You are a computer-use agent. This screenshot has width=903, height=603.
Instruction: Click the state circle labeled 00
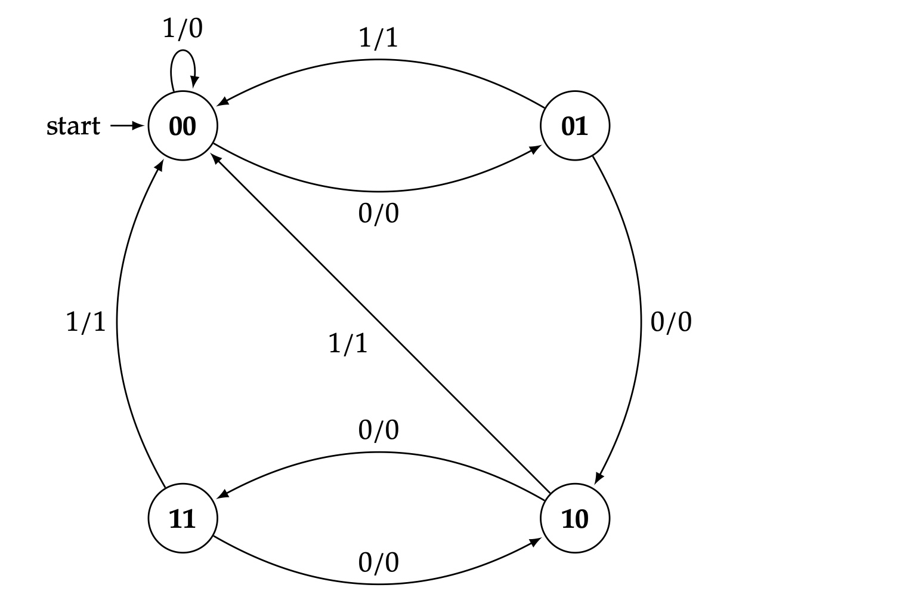(183, 126)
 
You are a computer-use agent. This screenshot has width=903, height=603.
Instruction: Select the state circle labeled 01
(575, 126)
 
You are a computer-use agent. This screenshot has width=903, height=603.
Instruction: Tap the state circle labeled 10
(575, 518)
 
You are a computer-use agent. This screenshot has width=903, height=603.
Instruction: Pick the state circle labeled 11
(183, 518)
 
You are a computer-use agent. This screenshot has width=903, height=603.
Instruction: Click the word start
(73, 126)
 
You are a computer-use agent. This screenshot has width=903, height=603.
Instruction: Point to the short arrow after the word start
(127, 126)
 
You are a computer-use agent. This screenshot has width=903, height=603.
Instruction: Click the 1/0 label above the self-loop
(183, 28)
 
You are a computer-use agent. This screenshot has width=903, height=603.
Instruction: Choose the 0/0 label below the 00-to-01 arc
(378, 213)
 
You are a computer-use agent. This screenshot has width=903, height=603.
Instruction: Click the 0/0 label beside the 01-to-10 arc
(671, 322)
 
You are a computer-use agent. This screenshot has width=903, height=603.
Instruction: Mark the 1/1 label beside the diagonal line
(348, 343)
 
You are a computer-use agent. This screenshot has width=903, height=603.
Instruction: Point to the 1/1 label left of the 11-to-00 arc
(85, 322)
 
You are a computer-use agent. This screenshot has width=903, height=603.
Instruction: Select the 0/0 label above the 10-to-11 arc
(378, 430)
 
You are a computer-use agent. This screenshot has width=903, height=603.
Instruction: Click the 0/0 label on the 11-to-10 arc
(378, 562)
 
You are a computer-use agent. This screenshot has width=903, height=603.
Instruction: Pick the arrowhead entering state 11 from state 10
(222, 494)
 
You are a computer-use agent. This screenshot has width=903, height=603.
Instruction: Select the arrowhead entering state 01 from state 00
(536, 150)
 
